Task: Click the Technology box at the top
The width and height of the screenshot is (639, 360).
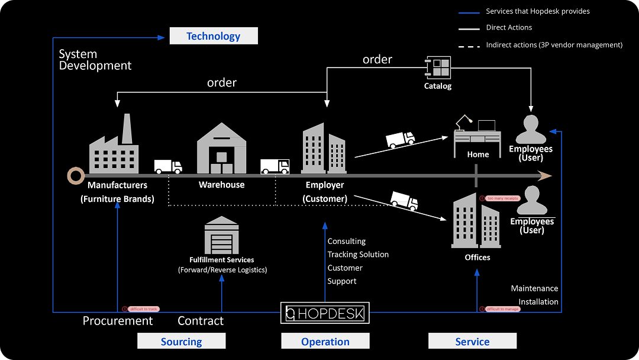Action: pyautogui.click(x=214, y=36)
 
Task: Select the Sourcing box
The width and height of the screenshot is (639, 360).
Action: pyautogui.click(x=182, y=342)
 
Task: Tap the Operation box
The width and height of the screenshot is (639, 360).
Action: pyautogui.click(x=325, y=342)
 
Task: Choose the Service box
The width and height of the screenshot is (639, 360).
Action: pyautogui.click(x=472, y=342)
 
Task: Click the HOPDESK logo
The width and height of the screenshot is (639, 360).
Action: pyautogui.click(x=325, y=313)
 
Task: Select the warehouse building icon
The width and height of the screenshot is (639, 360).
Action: pyautogui.click(x=221, y=149)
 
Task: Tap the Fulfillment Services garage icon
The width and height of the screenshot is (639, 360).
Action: pyautogui.click(x=221, y=236)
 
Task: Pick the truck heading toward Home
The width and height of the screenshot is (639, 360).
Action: pyautogui.click(x=401, y=139)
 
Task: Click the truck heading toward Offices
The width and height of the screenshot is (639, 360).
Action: pyautogui.click(x=404, y=200)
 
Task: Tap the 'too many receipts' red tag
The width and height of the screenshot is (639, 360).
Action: pyautogui.click(x=503, y=198)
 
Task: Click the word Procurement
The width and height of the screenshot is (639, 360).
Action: pyautogui.click(x=118, y=321)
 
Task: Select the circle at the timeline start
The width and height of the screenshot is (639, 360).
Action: pyautogui.click(x=76, y=175)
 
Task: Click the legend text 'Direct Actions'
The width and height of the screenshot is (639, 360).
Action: pyautogui.click(x=509, y=28)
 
